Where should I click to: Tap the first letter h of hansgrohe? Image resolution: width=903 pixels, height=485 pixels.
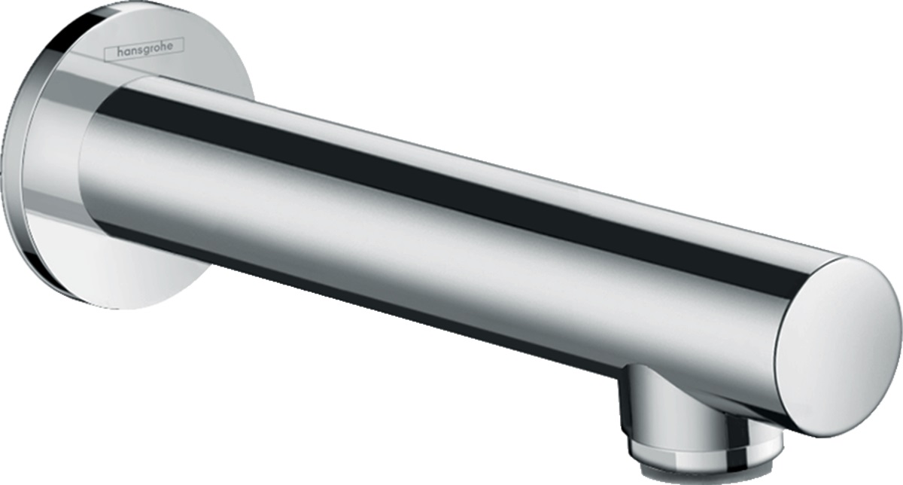[x=120, y=52]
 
